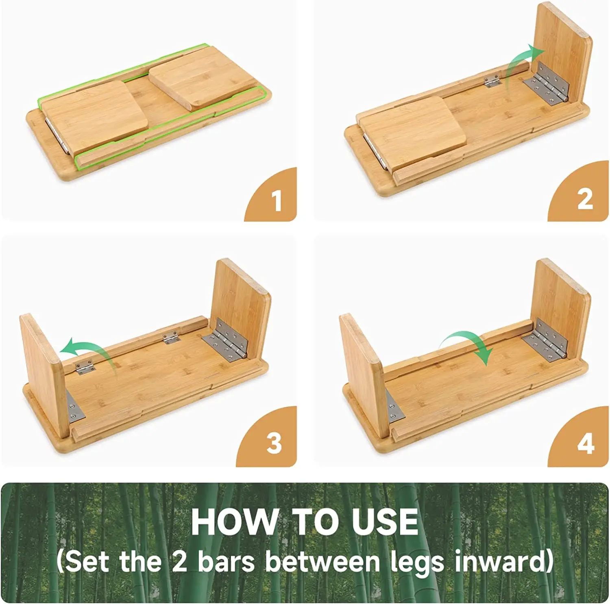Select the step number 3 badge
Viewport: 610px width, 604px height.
click(270, 439)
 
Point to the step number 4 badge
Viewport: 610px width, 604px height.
click(582, 439)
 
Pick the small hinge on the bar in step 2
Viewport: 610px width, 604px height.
click(492, 81)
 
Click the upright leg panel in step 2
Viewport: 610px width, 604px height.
click(563, 55)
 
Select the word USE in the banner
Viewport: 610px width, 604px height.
click(385, 521)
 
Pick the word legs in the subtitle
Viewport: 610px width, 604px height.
click(417, 563)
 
